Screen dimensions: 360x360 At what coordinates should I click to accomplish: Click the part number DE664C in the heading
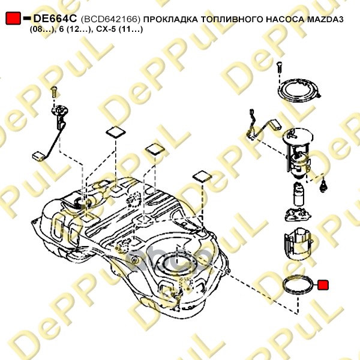point(55,19)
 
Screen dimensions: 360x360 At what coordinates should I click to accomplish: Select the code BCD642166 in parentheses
point(110,20)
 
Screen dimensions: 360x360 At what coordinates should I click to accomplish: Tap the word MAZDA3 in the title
point(325,19)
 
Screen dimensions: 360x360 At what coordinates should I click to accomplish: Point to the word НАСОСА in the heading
point(285,20)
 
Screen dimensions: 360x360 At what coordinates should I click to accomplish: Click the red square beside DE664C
point(13,18)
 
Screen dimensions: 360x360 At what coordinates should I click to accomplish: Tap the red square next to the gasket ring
point(323,284)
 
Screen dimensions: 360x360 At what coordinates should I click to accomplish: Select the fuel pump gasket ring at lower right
point(284,284)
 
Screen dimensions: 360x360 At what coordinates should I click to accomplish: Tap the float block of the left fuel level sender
point(38,157)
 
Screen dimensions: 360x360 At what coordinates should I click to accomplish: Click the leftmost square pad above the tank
point(116,133)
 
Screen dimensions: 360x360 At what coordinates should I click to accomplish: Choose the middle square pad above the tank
point(155,149)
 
